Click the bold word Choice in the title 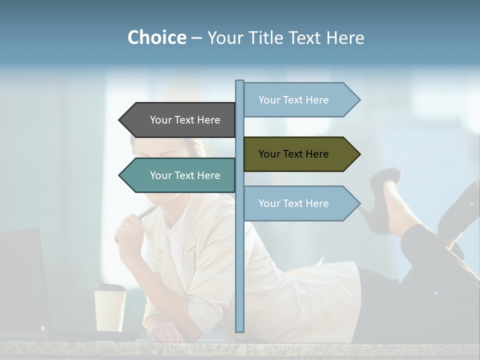156,37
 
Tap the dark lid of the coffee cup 110,287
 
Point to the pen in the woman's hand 148,212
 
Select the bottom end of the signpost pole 240,329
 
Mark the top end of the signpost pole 240,82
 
